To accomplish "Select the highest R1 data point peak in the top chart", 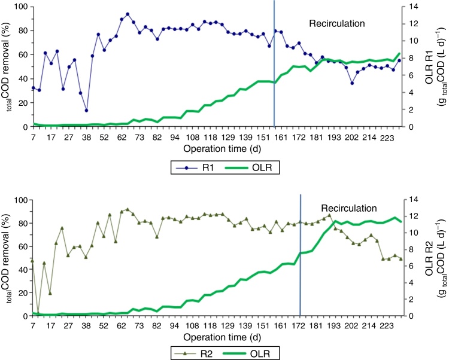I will click(x=128, y=14).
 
